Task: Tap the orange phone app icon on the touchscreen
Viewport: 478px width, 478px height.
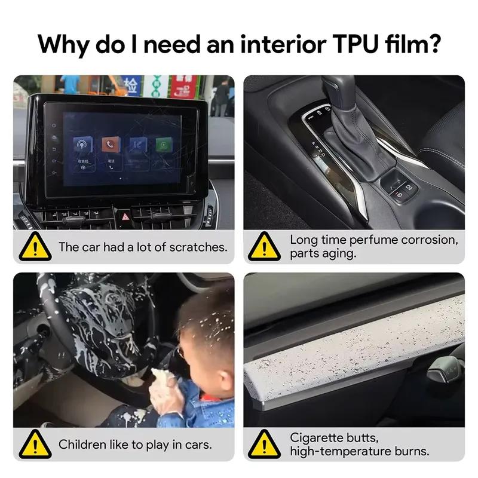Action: (110, 145)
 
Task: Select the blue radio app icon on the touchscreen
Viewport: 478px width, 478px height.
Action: (82, 145)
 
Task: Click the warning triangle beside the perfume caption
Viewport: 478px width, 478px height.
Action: (264, 246)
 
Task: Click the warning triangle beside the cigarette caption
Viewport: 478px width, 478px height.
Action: (264, 445)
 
